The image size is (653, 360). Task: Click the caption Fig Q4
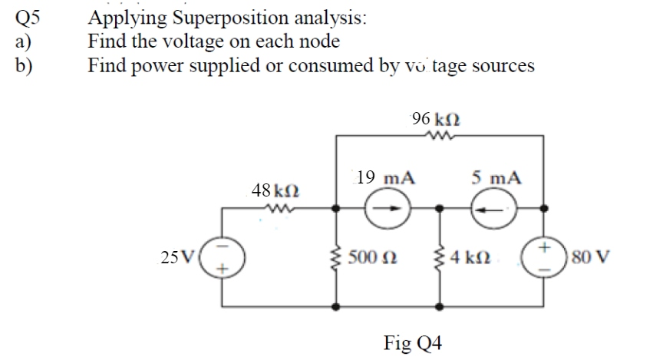point(414,342)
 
